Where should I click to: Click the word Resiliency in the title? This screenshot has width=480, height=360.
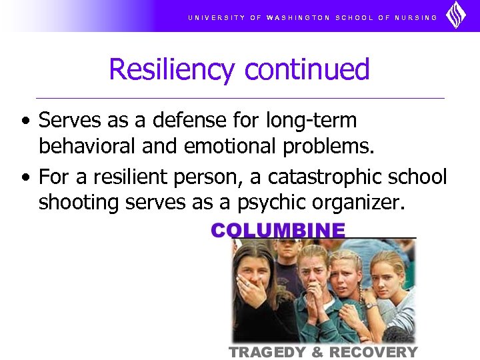pos(171,70)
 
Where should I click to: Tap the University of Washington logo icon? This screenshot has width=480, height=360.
pos(456,15)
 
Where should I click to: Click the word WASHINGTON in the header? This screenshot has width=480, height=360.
pos(298,17)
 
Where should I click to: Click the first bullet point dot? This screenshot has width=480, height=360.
pos(25,121)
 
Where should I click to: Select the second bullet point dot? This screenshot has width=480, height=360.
pos(25,177)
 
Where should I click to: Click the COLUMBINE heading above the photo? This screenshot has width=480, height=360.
pos(279,231)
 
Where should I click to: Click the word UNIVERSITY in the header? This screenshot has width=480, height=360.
pos(217,17)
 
